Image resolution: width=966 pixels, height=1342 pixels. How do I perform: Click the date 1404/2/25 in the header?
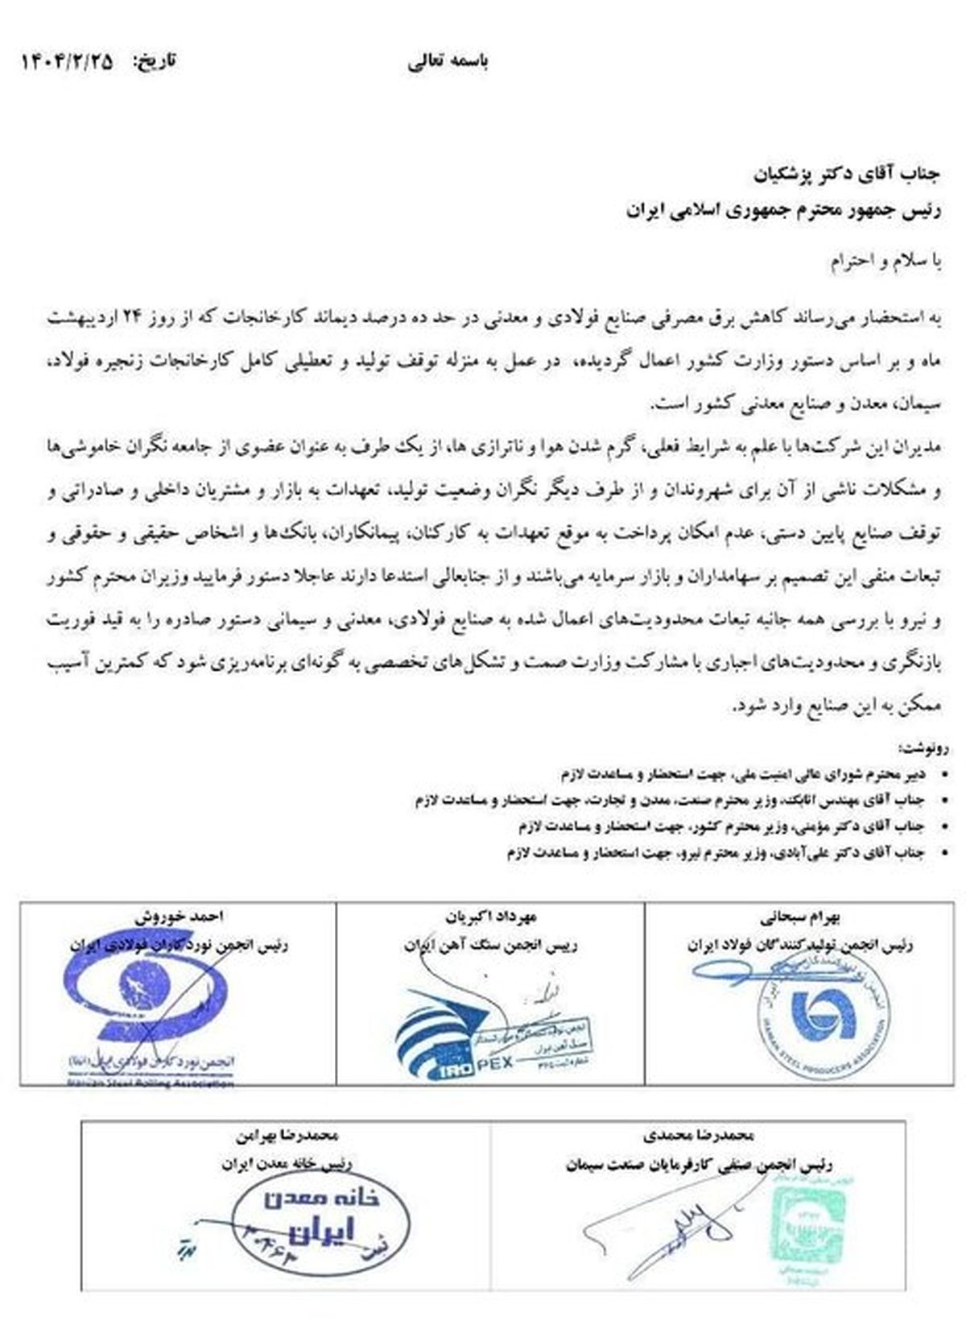coord(68,61)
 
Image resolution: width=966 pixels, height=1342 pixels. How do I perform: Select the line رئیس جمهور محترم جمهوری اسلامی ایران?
coord(784,210)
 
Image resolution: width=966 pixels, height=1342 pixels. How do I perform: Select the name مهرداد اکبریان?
coord(490,917)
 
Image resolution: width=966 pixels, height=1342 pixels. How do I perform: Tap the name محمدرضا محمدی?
coord(700,1136)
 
